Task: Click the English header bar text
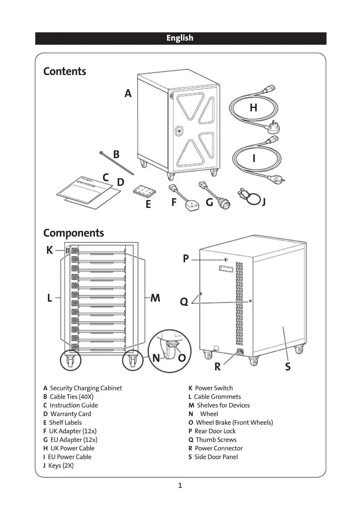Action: point(180,38)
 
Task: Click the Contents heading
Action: point(65,71)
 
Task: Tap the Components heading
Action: point(73,233)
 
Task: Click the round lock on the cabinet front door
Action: point(179,131)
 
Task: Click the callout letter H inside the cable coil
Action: point(253,108)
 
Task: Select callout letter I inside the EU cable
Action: point(254,158)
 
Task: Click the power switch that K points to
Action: point(68,250)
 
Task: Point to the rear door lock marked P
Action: point(226,259)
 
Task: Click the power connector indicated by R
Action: point(240,352)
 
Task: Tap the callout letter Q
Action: point(184,302)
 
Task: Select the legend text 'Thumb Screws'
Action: point(216,440)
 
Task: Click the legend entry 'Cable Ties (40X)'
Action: point(71,397)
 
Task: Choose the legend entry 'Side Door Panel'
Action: point(216,457)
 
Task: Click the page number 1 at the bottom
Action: point(180,485)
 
